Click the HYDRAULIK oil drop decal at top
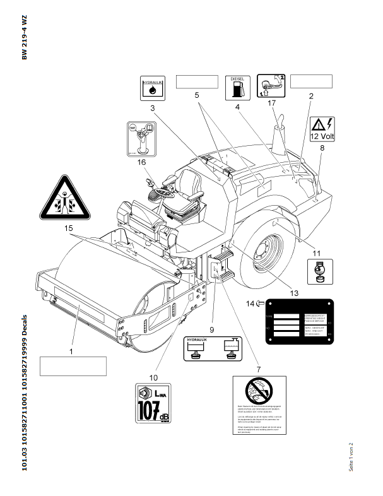click(152, 88)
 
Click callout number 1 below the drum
click(71, 350)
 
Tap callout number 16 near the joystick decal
click(141, 162)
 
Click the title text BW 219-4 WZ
click(25, 37)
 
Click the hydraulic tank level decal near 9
click(209, 348)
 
